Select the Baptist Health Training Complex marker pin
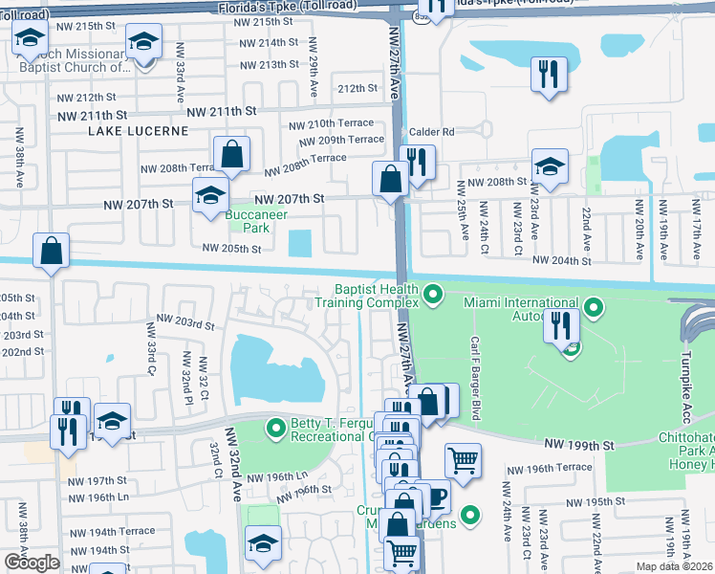pyautogui.click(x=434, y=294)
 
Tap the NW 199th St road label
pyautogui.click(x=578, y=445)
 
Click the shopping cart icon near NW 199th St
pyautogui.click(x=463, y=460)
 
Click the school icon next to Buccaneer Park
pyautogui.click(x=209, y=196)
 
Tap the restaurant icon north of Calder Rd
pyautogui.click(x=548, y=75)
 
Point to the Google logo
pyautogui.click(x=31, y=563)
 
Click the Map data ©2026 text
pyautogui.click(x=675, y=565)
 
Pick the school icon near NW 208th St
pyautogui.click(x=550, y=166)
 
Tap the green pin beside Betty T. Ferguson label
pyautogui.click(x=277, y=427)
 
